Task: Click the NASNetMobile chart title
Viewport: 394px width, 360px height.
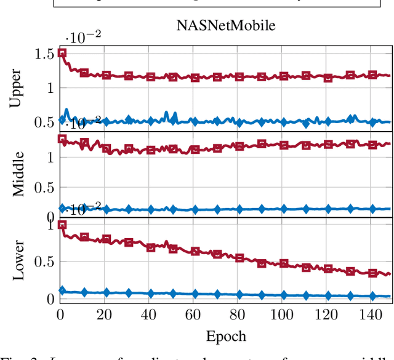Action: (225, 26)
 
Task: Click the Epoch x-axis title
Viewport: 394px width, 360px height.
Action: (226, 336)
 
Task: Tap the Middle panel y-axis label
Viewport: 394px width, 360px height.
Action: (19, 175)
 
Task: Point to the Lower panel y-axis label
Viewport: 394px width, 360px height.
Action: (19, 260)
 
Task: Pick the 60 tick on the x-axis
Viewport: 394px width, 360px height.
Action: (193, 314)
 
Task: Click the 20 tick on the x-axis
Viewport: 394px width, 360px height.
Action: (104, 314)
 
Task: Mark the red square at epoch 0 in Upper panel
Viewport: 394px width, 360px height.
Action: (62, 53)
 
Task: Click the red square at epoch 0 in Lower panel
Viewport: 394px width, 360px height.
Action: (62, 225)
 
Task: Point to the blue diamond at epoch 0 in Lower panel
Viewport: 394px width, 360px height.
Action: (62, 290)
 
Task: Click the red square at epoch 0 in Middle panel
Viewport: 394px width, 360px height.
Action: (62, 138)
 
